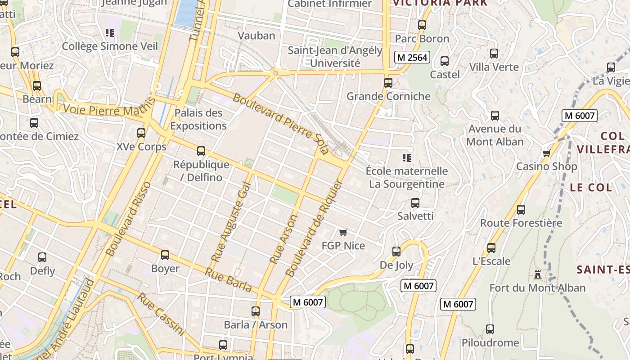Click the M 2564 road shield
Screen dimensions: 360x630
tap(412, 57)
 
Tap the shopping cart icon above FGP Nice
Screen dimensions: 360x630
tap(343, 233)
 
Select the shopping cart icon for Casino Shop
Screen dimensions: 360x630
tap(547, 153)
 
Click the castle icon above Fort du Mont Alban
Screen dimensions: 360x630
tap(537, 274)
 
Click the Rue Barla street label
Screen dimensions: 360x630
tap(228, 279)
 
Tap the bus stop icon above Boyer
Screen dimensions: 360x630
tap(165, 255)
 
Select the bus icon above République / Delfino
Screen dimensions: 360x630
tap(201, 151)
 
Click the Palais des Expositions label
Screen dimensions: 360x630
tap(198, 119)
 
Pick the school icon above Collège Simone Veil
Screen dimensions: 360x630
tap(110, 33)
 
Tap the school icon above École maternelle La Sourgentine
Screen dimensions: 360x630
tap(407, 157)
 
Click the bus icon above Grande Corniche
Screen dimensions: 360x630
tap(388, 83)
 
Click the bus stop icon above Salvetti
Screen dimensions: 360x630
tap(415, 203)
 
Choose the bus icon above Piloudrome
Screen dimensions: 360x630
tap(490, 329)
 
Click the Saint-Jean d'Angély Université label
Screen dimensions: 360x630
tap(335, 57)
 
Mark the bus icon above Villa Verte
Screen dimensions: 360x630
tap(494, 54)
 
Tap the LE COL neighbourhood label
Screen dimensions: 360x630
tap(591, 188)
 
